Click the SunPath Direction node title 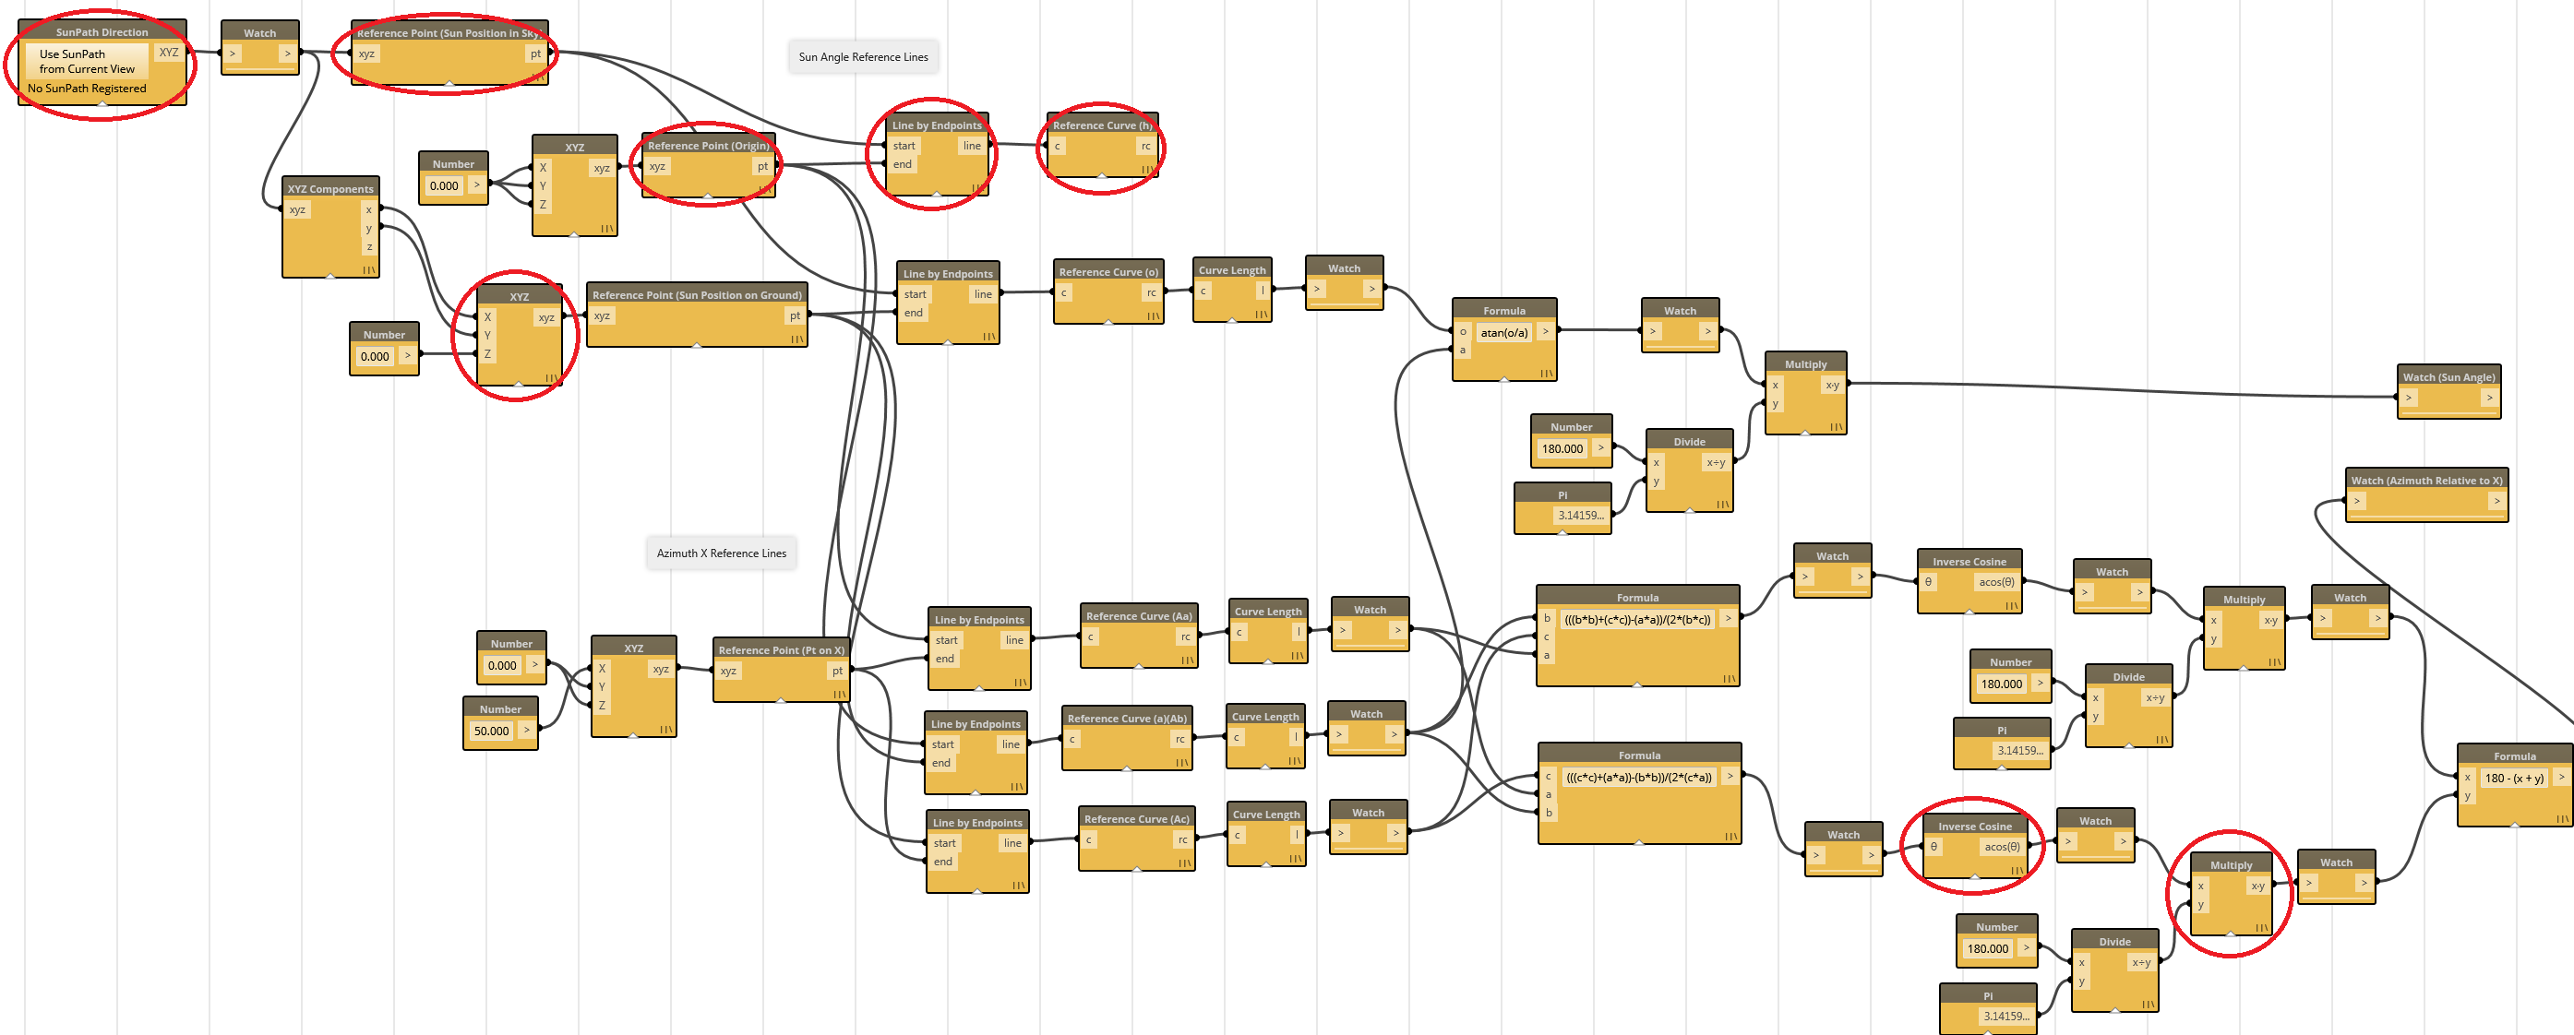tap(102, 32)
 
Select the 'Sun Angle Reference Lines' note tap(862, 57)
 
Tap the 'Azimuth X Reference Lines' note tap(721, 553)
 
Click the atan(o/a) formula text tap(1502, 333)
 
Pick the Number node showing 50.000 tap(492, 732)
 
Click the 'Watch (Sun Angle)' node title tap(2448, 376)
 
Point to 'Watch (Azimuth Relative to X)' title tap(2426, 481)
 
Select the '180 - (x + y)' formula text tap(2514, 779)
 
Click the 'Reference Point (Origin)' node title tap(709, 146)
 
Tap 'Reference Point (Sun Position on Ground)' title tap(697, 294)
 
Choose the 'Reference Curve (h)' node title tap(1102, 125)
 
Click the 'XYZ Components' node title tap(329, 189)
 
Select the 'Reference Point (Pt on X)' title tap(781, 650)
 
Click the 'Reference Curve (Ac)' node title tap(1136, 819)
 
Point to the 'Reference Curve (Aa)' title tap(1138, 616)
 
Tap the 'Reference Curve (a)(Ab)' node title tap(1126, 719)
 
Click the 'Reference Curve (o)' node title tap(1108, 272)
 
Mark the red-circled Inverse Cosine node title tap(1974, 827)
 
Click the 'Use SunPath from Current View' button tap(87, 62)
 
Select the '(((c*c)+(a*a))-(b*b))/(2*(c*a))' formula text tap(1638, 778)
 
